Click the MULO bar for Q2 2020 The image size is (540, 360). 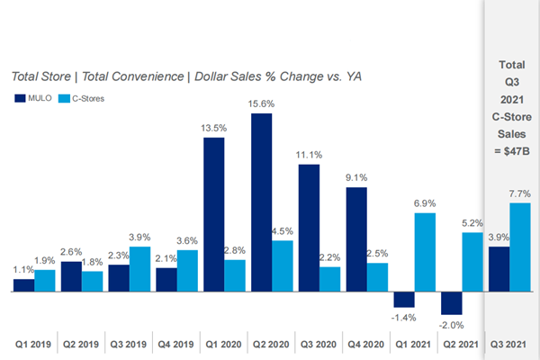pyautogui.click(x=262, y=202)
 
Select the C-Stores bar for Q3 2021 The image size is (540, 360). pyautogui.click(x=520, y=247)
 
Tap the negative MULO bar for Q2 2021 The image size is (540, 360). pyautogui.click(x=451, y=303)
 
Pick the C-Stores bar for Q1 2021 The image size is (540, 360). pyautogui.click(x=426, y=253)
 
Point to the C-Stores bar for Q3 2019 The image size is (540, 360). pyautogui.click(x=140, y=269)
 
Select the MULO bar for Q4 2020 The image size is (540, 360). pyautogui.click(x=356, y=239)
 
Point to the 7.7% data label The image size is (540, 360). pyautogui.click(x=521, y=193)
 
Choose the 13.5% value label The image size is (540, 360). pyautogui.click(x=215, y=128)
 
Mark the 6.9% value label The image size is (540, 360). pyautogui.click(x=426, y=204)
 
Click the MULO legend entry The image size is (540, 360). pyautogui.click(x=33, y=97)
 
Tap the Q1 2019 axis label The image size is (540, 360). pyautogui.click(x=34, y=343)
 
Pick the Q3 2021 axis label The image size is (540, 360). pyautogui.click(x=508, y=343)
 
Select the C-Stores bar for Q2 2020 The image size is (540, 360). pyautogui.click(x=283, y=266)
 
